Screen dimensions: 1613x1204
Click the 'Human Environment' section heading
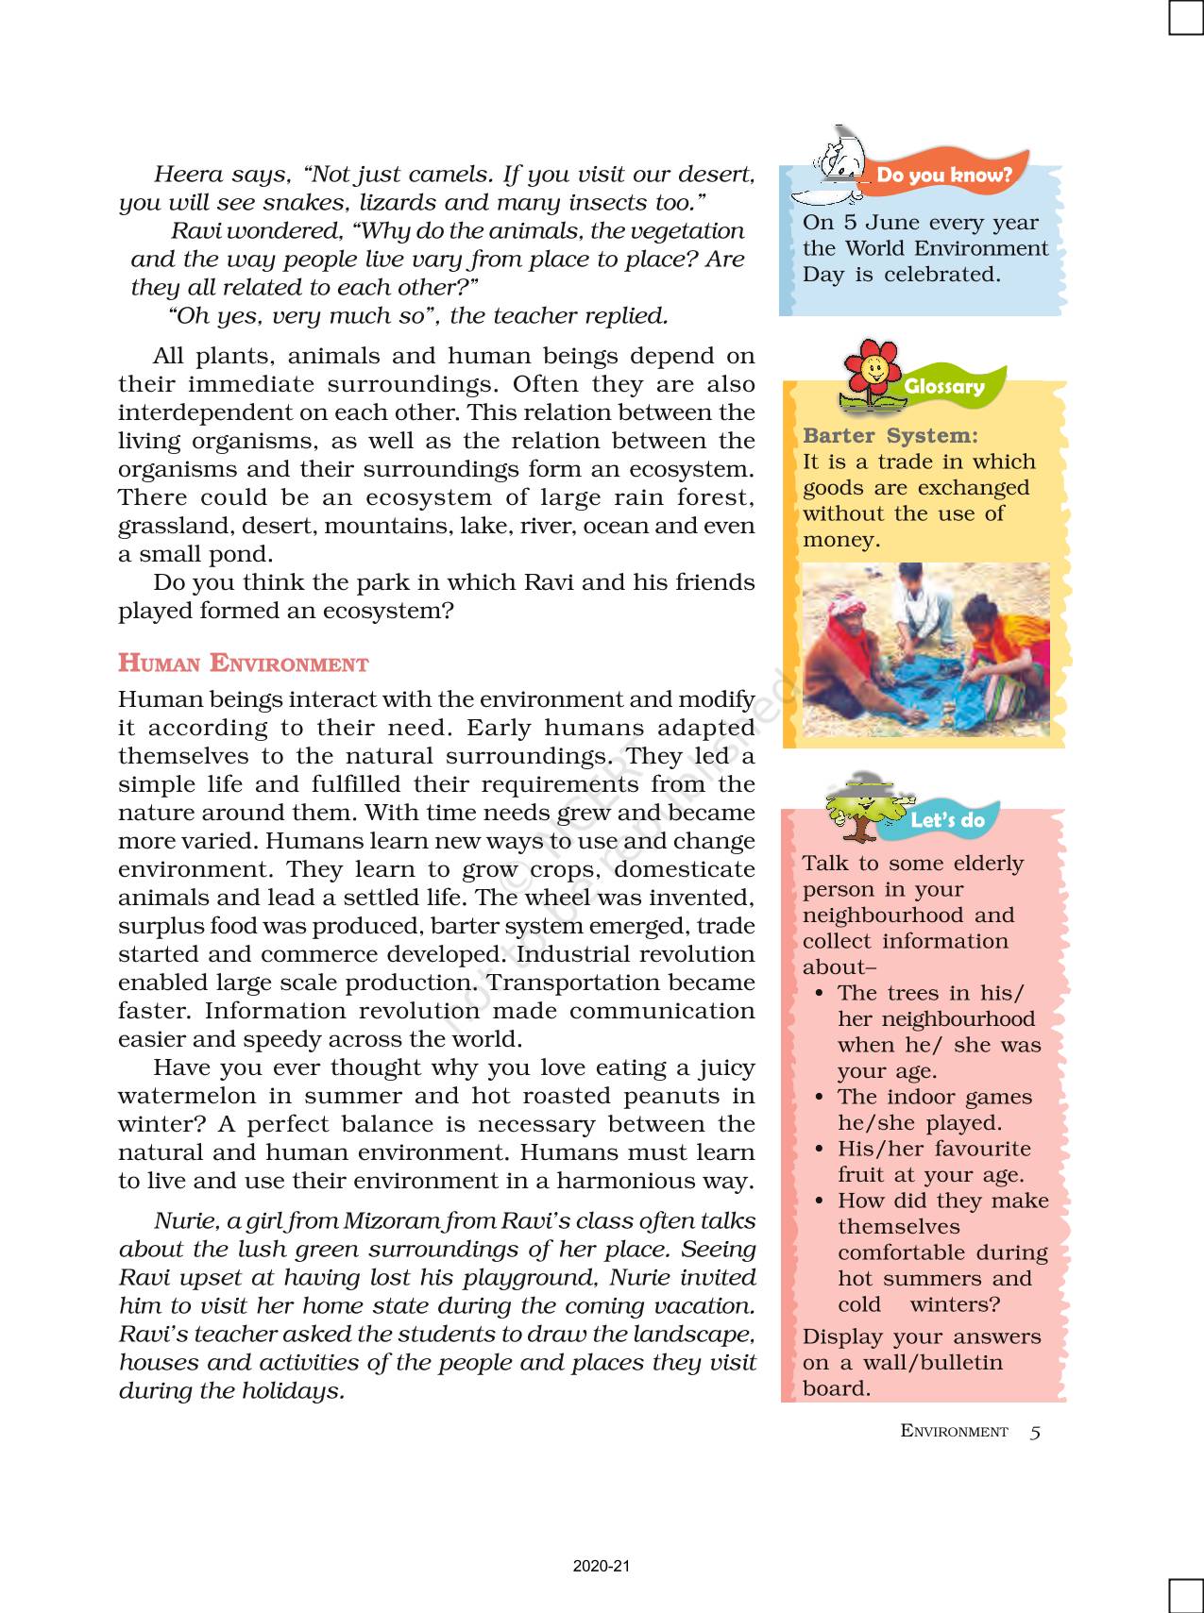[x=243, y=664]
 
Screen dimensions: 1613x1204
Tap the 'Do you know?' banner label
[x=943, y=175]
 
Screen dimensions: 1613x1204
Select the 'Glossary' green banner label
[x=943, y=386]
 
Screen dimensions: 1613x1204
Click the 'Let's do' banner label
[x=947, y=820]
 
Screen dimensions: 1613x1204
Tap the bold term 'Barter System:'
[x=890, y=436]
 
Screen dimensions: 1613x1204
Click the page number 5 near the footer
[x=1035, y=1432]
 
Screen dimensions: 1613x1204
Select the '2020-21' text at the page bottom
[x=601, y=1567]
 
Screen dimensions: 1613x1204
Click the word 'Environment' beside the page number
[x=954, y=1432]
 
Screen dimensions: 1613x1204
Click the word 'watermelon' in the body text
[x=178, y=1097]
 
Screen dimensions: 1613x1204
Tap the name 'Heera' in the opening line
[x=186, y=175]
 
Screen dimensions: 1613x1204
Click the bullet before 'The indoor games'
[x=818, y=1098]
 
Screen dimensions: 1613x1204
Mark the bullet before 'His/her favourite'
[x=818, y=1150]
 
